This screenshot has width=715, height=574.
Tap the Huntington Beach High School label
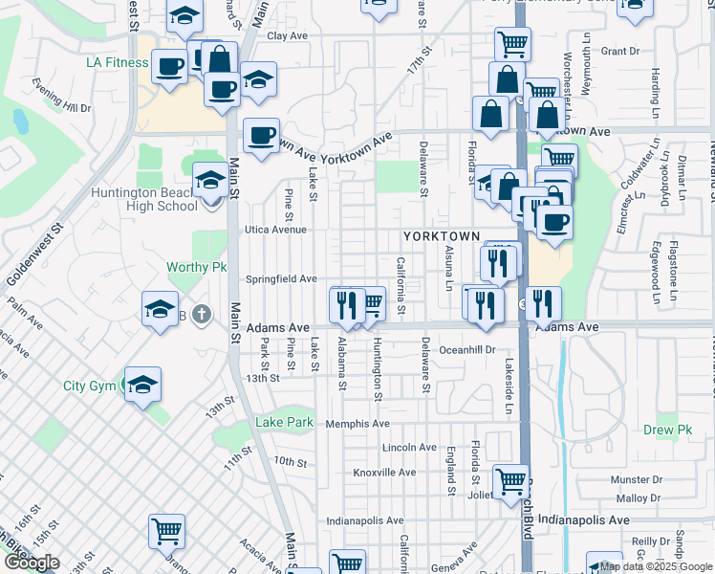tap(144, 199)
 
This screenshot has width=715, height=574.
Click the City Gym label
tap(89, 386)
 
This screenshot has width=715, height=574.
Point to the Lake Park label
tap(284, 423)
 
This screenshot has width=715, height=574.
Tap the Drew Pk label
tap(667, 430)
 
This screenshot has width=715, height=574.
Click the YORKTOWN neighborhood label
tap(441, 235)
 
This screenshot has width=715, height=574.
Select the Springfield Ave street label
tap(281, 279)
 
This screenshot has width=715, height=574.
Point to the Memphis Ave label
tap(357, 424)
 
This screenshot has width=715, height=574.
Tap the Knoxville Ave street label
tap(384, 473)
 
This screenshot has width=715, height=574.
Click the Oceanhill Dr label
tap(467, 350)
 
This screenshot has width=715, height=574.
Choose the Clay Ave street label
tap(288, 35)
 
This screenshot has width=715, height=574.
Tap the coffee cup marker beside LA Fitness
tap(170, 67)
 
